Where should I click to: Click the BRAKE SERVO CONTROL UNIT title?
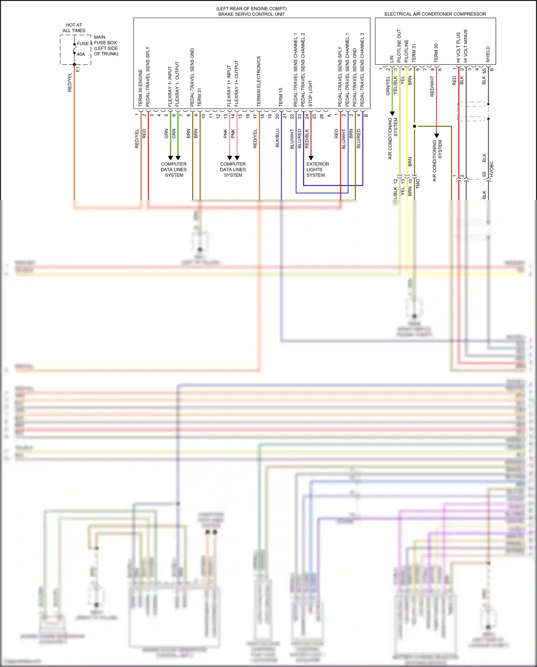pyautogui.click(x=251, y=14)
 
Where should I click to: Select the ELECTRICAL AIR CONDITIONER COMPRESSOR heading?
pyautogui.click(x=435, y=14)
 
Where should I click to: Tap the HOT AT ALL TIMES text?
pyautogui.click(x=74, y=28)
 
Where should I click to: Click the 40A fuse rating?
pyautogui.click(x=81, y=54)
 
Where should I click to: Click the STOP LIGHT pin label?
pyautogui.click(x=310, y=94)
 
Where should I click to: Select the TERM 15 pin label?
pyautogui.click(x=281, y=97)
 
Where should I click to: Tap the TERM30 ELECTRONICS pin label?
pyautogui.click(x=258, y=81)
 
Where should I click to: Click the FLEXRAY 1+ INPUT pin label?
pyautogui.click(x=229, y=86)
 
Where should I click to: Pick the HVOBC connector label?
pyautogui.click(x=492, y=169)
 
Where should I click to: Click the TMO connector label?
pyautogui.click(x=418, y=184)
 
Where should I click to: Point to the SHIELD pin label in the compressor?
pyautogui.click(x=488, y=54)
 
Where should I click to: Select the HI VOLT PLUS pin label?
pyautogui.click(x=458, y=47)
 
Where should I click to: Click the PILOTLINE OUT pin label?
pyautogui.click(x=399, y=46)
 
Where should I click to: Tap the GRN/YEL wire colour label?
pyautogui.click(x=388, y=86)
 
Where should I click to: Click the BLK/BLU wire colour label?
pyautogui.click(x=277, y=138)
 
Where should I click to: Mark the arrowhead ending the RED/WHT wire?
pyautogui.click(x=436, y=136)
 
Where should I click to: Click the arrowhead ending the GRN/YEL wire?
pyautogui.click(x=392, y=114)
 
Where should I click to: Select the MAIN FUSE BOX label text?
pyautogui.click(x=106, y=46)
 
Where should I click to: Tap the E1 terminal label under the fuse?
pyautogui.click(x=78, y=69)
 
